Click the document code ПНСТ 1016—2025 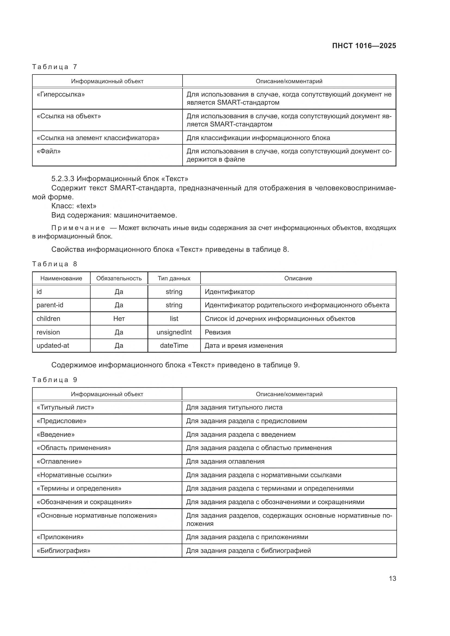(364, 46)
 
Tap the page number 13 (392, 578)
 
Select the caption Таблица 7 (54, 67)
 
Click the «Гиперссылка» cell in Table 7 (61, 94)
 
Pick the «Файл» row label (48, 151)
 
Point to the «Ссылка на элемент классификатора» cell (98, 138)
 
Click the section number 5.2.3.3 (63, 179)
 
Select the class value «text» (86, 206)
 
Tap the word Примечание (78, 228)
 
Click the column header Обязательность (119, 278)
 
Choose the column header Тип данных (174, 278)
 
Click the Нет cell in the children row (119, 319)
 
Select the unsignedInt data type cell (174, 332)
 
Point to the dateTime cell (174, 345)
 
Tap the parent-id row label (50, 305)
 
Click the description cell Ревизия (218, 332)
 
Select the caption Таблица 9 (54, 380)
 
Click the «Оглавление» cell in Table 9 (59, 461)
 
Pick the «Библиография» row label (63, 551)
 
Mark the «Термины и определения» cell (79, 488)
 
